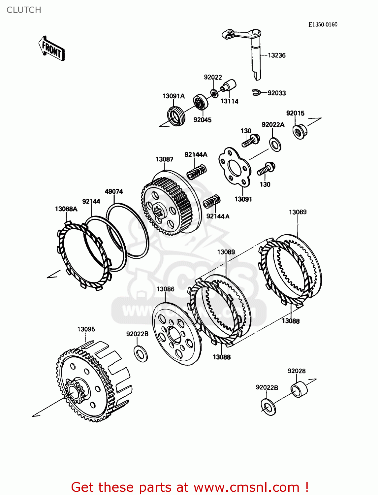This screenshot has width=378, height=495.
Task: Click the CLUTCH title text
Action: pos(24,10)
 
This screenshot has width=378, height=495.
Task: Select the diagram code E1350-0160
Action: pos(323,24)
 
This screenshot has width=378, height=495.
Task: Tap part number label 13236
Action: pos(276,55)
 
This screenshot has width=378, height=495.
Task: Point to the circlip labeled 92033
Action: pos(256,93)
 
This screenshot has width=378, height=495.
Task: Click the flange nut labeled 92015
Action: pos(299,131)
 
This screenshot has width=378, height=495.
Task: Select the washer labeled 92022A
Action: pos(275,145)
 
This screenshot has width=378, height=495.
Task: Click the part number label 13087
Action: pos(164,159)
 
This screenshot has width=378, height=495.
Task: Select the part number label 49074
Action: pos(114,191)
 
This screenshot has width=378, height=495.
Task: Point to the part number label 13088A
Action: pos(66,209)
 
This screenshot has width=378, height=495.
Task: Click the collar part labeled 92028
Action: pos(299,389)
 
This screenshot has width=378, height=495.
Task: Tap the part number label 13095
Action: pos(86,329)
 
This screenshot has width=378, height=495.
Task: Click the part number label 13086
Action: pos(165,289)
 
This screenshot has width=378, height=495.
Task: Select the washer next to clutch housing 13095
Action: pos(141,353)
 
